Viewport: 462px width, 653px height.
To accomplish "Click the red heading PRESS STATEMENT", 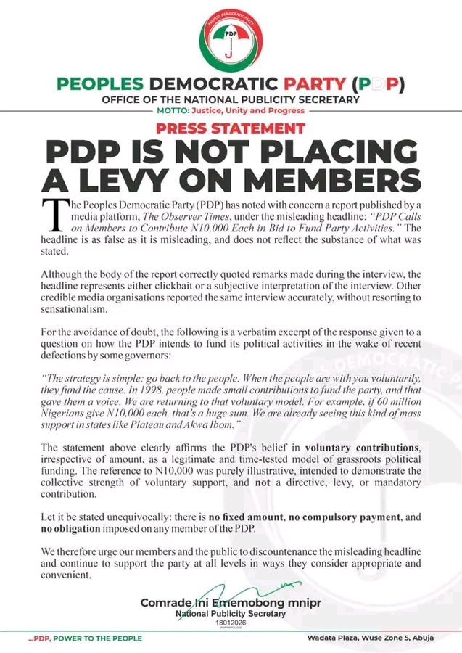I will [230, 128].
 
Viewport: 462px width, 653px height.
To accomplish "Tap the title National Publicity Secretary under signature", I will [231, 614].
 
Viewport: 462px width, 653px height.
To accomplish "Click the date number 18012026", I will [231, 623].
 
